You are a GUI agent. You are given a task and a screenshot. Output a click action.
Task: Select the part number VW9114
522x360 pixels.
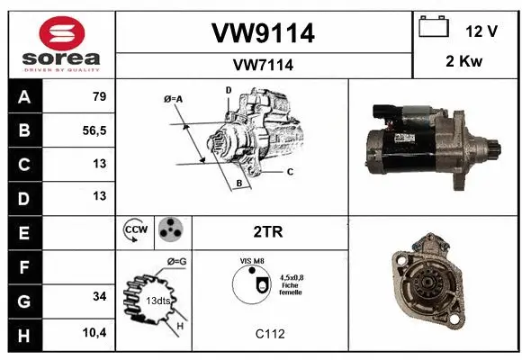263,33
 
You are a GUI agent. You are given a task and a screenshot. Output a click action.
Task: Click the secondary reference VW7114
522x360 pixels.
263,65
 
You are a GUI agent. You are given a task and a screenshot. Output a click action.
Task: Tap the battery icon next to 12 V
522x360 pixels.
434,28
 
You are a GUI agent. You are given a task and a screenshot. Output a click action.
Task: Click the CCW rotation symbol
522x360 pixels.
134,230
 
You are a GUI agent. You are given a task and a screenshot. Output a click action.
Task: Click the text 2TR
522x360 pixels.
269,231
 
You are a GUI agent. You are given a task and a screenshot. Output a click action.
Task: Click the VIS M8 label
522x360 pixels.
251,260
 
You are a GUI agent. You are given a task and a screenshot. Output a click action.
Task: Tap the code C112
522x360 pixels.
269,334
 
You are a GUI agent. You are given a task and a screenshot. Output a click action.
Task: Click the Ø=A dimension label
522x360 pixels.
174,99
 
